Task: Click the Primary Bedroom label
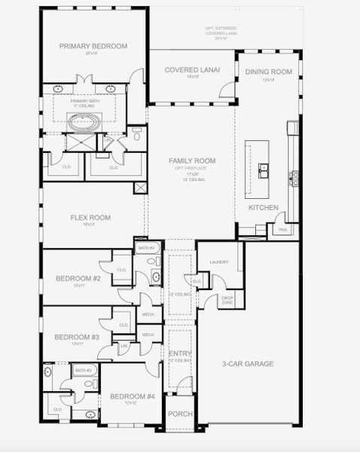tap(93, 46)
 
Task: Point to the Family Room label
tap(192, 160)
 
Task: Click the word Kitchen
tap(264, 207)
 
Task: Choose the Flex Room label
tap(90, 218)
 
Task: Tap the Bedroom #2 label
tap(78, 278)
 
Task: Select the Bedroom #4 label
tap(132, 396)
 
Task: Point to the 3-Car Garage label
tap(248, 364)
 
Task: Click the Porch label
tap(180, 414)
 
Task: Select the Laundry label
tap(219, 261)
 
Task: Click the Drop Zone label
tap(227, 300)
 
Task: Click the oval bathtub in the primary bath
tap(80, 121)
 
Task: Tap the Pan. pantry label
tap(282, 229)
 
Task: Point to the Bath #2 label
tap(146, 248)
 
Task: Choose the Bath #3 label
tap(83, 370)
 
